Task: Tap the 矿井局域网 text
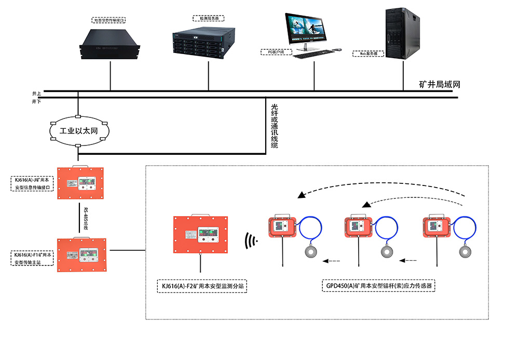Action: [x=440, y=85]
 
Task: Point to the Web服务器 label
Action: [x=368, y=53]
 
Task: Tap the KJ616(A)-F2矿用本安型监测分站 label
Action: [x=201, y=286]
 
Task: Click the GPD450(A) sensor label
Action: [x=379, y=286]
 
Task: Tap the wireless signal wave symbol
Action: [x=251, y=241]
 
